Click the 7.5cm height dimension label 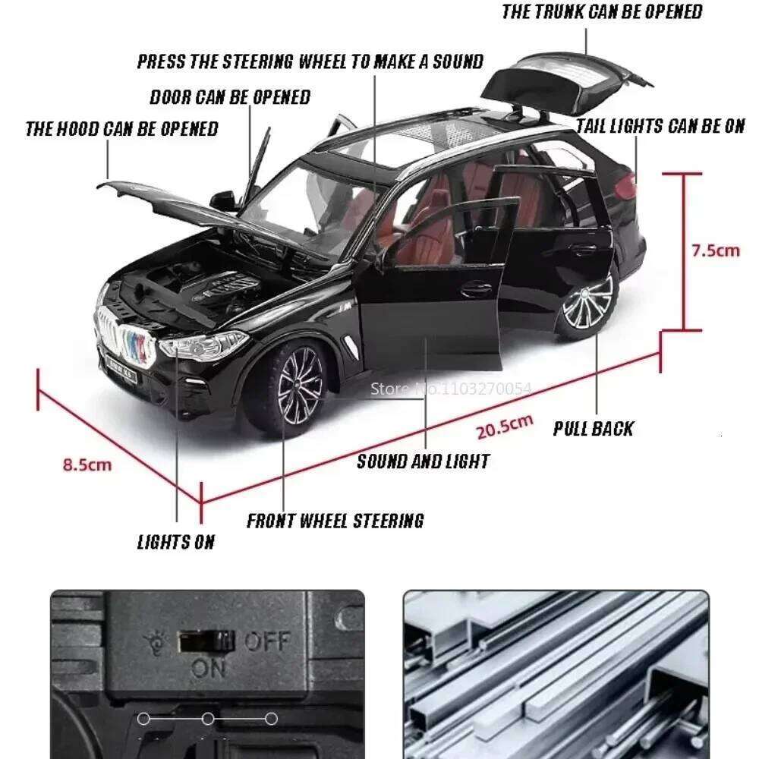[x=714, y=250]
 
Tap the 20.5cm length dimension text [x=505, y=427]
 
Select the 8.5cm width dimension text [x=87, y=465]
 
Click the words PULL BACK [x=593, y=429]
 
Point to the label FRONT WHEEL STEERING [x=335, y=521]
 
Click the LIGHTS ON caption [x=175, y=542]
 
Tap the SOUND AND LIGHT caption [x=423, y=461]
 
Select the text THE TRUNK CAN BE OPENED [x=602, y=12]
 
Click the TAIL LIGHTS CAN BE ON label [x=660, y=126]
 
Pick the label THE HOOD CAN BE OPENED [x=121, y=128]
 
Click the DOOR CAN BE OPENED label [x=230, y=97]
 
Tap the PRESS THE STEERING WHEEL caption [x=310, y=62]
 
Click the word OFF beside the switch [x=266, y=642]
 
